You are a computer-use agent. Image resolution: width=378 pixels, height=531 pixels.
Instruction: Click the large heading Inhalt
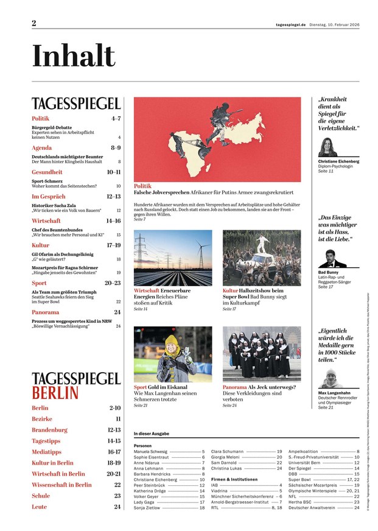point(73,57)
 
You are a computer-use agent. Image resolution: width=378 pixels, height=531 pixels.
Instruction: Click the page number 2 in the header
point(34,23)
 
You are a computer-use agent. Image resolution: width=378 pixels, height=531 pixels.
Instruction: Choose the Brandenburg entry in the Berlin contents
point(49,430)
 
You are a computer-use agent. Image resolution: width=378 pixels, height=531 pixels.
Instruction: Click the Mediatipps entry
point(48,452)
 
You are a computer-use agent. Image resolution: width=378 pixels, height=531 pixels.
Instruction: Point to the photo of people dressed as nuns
point(262,353)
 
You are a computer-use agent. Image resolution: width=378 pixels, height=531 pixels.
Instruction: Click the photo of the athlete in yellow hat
point(173,354)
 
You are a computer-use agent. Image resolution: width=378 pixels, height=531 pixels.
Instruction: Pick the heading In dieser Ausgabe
point(152,434)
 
